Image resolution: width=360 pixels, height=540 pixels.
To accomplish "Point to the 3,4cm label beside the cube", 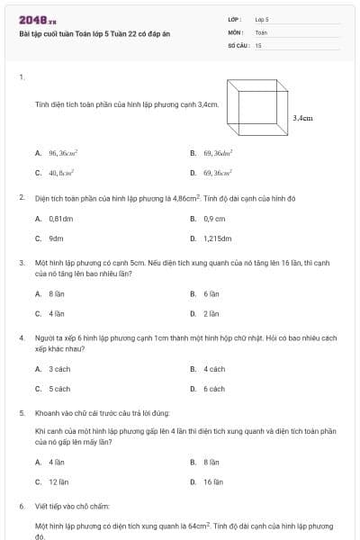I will coord(303,117).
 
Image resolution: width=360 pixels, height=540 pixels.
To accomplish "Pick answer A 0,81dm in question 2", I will coord(55,219).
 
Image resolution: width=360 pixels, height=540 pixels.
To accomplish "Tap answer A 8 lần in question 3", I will coord(51,293).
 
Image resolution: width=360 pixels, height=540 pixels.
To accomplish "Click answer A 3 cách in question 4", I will coord(53,369).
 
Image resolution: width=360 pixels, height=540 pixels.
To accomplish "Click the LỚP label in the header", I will coord(234,19).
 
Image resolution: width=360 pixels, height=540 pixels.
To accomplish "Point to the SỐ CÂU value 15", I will coord(258,44).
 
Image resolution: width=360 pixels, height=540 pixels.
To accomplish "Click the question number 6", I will coord(22,506).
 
